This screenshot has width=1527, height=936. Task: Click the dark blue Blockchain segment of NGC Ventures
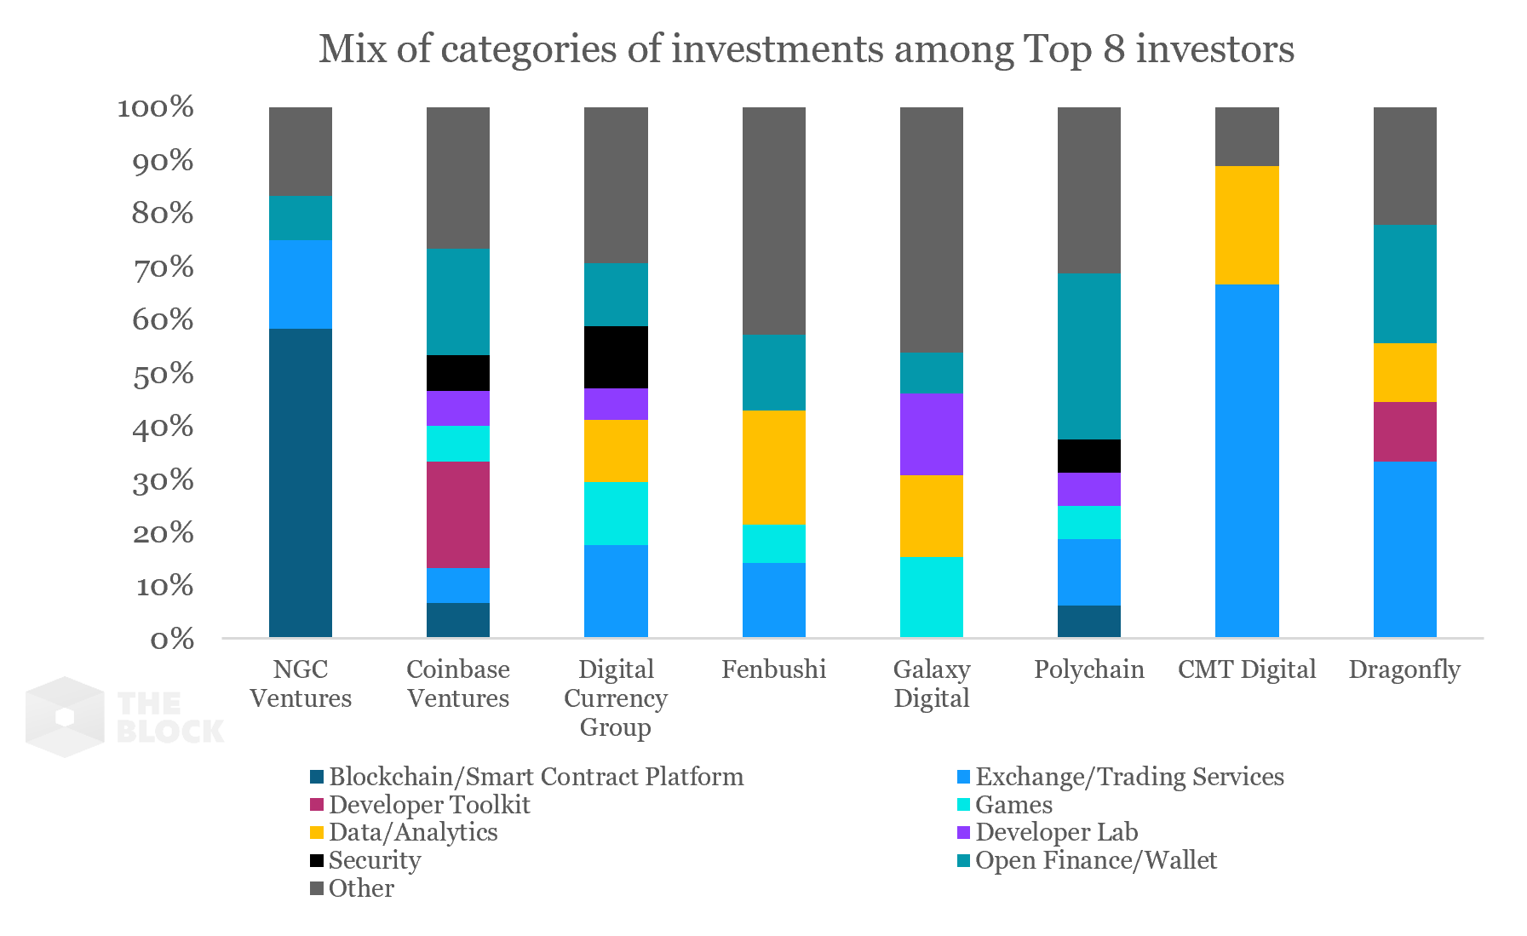coord(300,482)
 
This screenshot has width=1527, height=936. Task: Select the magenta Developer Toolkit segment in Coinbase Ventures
coord(458,514)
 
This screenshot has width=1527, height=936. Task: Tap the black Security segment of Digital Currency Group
coord(616,357)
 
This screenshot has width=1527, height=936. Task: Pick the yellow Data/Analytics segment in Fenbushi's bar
coord(773,467)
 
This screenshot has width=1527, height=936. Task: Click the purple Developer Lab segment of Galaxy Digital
coord(931,434)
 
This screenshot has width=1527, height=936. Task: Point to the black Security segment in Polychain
coord(1088,456)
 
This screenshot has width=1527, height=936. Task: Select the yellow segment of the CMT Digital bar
coord(1247,225)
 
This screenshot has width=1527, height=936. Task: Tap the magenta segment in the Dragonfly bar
coord(1404,431)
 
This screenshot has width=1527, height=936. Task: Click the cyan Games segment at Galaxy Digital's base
coord(931,596)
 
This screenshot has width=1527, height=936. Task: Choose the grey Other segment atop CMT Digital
coord(1247,136)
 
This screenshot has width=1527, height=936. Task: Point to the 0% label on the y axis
coord(172,639)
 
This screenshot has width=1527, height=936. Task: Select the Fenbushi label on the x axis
coord(773,669)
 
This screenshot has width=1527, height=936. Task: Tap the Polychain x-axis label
coord(1088,669)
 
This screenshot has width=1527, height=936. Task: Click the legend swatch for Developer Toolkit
coord(317,805)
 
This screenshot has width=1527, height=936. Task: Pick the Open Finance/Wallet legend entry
coord(1095,860)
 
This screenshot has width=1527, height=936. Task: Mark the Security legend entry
coord(374,860)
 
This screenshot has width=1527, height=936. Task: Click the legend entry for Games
coord(1013,805)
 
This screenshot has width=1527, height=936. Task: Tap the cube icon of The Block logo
coord(65,717)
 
